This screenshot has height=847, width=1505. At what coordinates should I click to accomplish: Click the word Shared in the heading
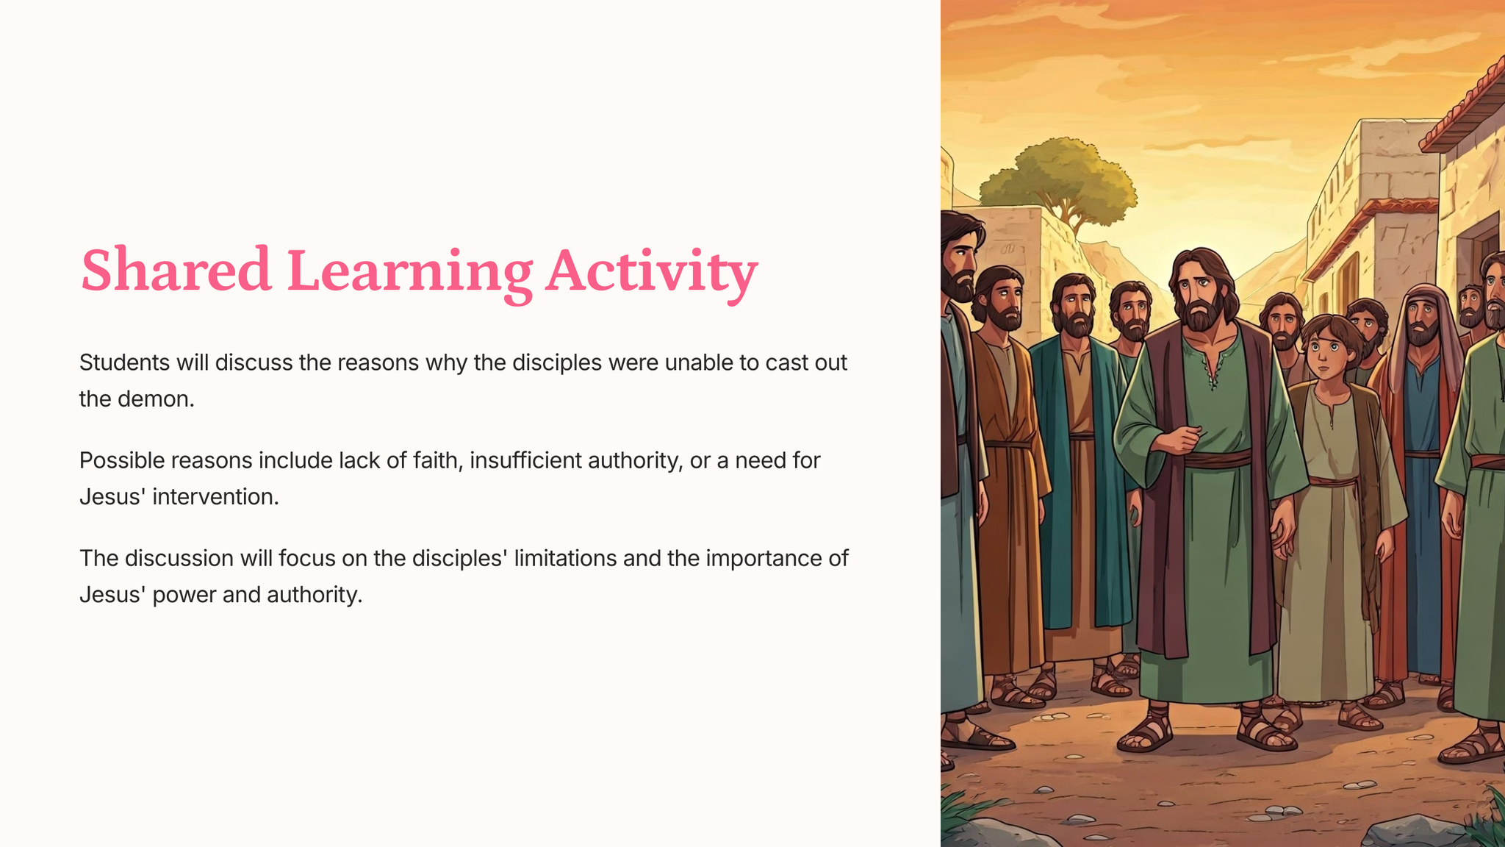[x=176, y=270]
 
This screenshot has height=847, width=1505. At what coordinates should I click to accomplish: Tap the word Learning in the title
[x=409, y=274]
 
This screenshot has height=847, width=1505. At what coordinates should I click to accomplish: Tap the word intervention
[x=215, y=497]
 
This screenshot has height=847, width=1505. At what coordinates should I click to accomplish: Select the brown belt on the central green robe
[x=1217, y=460]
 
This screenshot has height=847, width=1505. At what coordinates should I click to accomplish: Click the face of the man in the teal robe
[x=1076, y=309]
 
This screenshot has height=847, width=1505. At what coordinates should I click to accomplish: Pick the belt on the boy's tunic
[x=1333, y=482]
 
